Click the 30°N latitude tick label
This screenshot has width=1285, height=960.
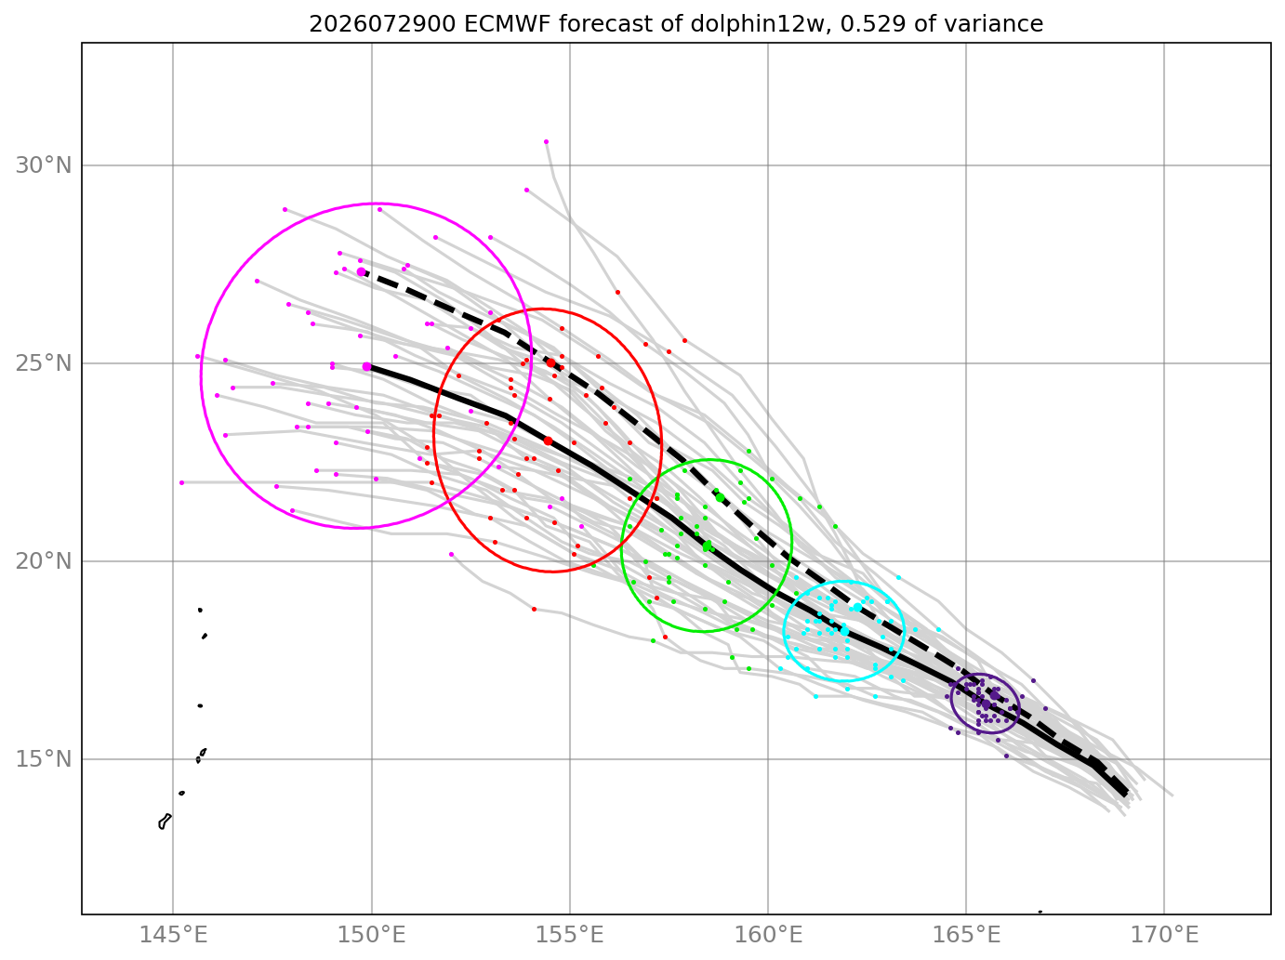click(44, 165)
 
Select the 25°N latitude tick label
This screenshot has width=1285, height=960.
click(44, 363)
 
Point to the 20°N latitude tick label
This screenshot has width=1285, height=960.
click(44, 561)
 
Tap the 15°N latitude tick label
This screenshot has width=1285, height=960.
click(44, 758)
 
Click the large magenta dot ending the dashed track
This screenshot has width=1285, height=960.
click(361, 272)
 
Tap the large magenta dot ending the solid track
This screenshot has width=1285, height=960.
click(367, 367)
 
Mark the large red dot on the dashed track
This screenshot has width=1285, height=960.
click(550, 362)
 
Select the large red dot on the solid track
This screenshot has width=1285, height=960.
click(548, 441)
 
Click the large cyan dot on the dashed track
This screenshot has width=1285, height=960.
click(857, 607)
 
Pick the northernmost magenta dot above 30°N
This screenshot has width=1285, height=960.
click(546, 141)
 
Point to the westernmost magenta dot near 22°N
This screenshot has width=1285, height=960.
click(181, 482)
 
